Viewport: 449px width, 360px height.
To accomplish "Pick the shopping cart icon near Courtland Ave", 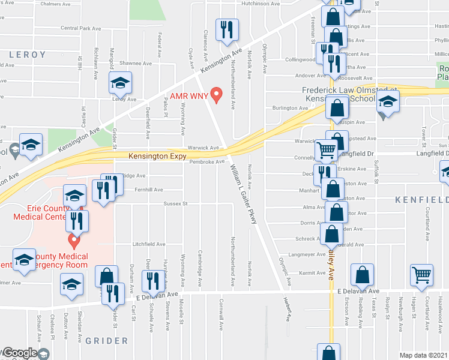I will [422, 275].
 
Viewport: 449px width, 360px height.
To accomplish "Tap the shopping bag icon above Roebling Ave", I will [363, 275].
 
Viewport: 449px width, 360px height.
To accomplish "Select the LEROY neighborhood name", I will [27, 55].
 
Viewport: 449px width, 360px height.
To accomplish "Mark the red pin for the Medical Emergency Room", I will [74, 241].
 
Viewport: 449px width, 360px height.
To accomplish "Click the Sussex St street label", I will [175, 203].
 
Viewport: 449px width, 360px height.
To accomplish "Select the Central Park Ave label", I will [81, 28].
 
